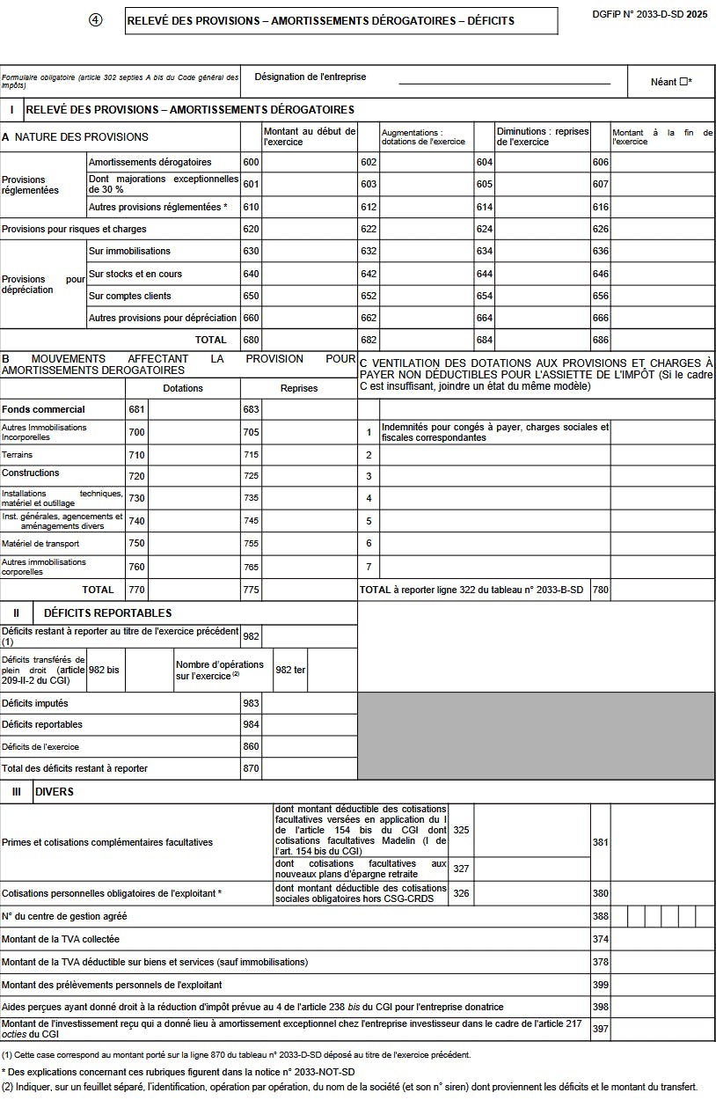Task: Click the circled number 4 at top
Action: click(96, 20)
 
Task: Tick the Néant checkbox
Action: click(683, 82)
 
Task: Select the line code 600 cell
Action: click(251, 163)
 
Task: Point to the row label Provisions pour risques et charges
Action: click(74, 230)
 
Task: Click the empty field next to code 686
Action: click(662, 340)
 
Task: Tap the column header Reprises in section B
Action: click(299, 388)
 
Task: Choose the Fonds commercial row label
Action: click(43, 409)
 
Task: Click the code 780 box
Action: click(600, 590)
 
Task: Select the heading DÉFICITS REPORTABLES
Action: click(107, 613)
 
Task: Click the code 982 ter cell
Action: click(289, 670)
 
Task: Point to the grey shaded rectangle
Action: click(536, 736)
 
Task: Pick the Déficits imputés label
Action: click(35, 704)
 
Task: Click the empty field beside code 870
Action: click(310, 768)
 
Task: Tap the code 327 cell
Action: click(461, 869)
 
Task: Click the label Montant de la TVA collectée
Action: click(61, 939)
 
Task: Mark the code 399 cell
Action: click(600, 985)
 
